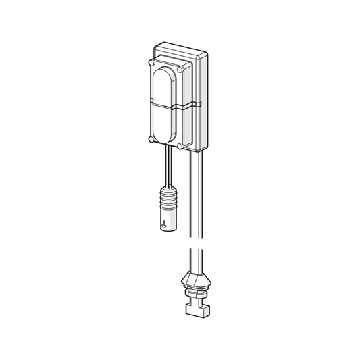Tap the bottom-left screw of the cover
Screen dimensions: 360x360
(x=151, y=140)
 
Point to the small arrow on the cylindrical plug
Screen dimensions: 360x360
(x=164, y=226)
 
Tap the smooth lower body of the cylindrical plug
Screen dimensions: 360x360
(x=168, y=220)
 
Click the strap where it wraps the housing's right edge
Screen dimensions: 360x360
(x=200, y=104)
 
